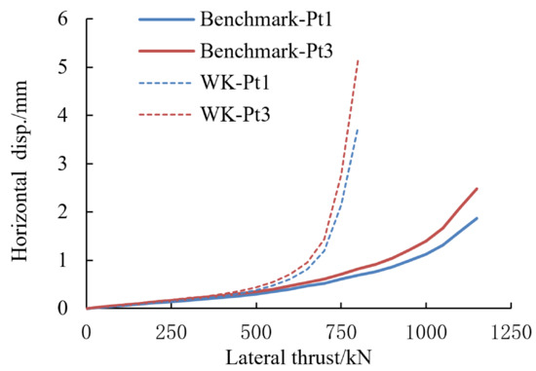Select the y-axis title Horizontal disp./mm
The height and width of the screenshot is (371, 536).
(17, 164)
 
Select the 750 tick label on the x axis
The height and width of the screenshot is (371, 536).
(341, 329)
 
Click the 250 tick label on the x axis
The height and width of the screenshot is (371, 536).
(172, 329)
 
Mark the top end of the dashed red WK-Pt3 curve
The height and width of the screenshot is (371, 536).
(359, 59)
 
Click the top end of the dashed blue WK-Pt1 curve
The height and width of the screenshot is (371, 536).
(359, 129)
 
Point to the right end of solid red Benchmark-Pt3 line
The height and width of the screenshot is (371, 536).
(477, 189)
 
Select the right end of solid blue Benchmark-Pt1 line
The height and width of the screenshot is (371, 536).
(477, 218)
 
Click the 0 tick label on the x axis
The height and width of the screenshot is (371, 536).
(87, 329)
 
